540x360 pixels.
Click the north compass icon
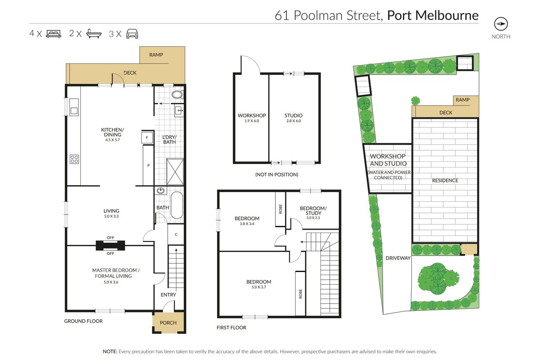[x=501, y=24]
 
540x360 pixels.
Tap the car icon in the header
[x=132, y=34]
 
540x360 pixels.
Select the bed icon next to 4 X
[x=53, y=34]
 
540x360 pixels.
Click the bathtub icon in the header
[x=94, y=34]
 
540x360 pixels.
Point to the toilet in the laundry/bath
[x=178, y=95]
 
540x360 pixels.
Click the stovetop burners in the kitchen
[x=74, y=159]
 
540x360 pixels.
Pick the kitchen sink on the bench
[x=74, y=106]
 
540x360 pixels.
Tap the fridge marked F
[x=147, y=138]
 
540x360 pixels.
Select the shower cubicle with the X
[x=175, y=172]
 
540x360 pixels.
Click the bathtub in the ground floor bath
[x=177, y=205]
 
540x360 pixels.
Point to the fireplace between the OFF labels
[x=111, y=246]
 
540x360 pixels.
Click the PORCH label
[x=168, y=323]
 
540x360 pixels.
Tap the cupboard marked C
[x=176, y=234]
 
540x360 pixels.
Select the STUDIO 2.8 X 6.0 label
[x=294, y=118]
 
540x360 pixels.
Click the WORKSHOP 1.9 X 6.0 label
[x=251, y=118]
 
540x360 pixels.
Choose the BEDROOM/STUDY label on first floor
[x=313, y=212]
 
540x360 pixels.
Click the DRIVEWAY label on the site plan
[x=398, y=258]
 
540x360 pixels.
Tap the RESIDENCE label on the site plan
[x=445, y=180]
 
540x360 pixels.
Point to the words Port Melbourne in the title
[x=433, y=16]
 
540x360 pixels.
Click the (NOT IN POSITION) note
[x=277, y=175]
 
